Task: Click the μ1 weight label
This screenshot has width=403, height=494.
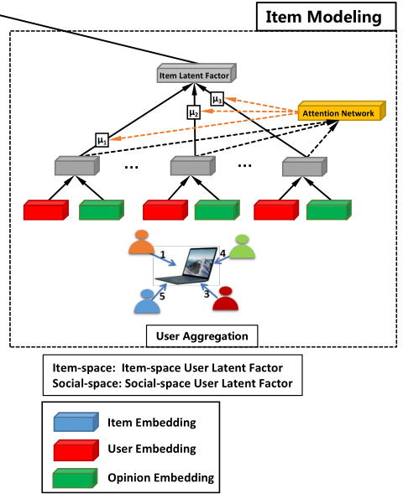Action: click(x=102, y=139)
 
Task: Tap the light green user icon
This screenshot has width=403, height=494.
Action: click(x=243, y=245)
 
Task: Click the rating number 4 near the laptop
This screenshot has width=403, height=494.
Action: click(x=222, y=252)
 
